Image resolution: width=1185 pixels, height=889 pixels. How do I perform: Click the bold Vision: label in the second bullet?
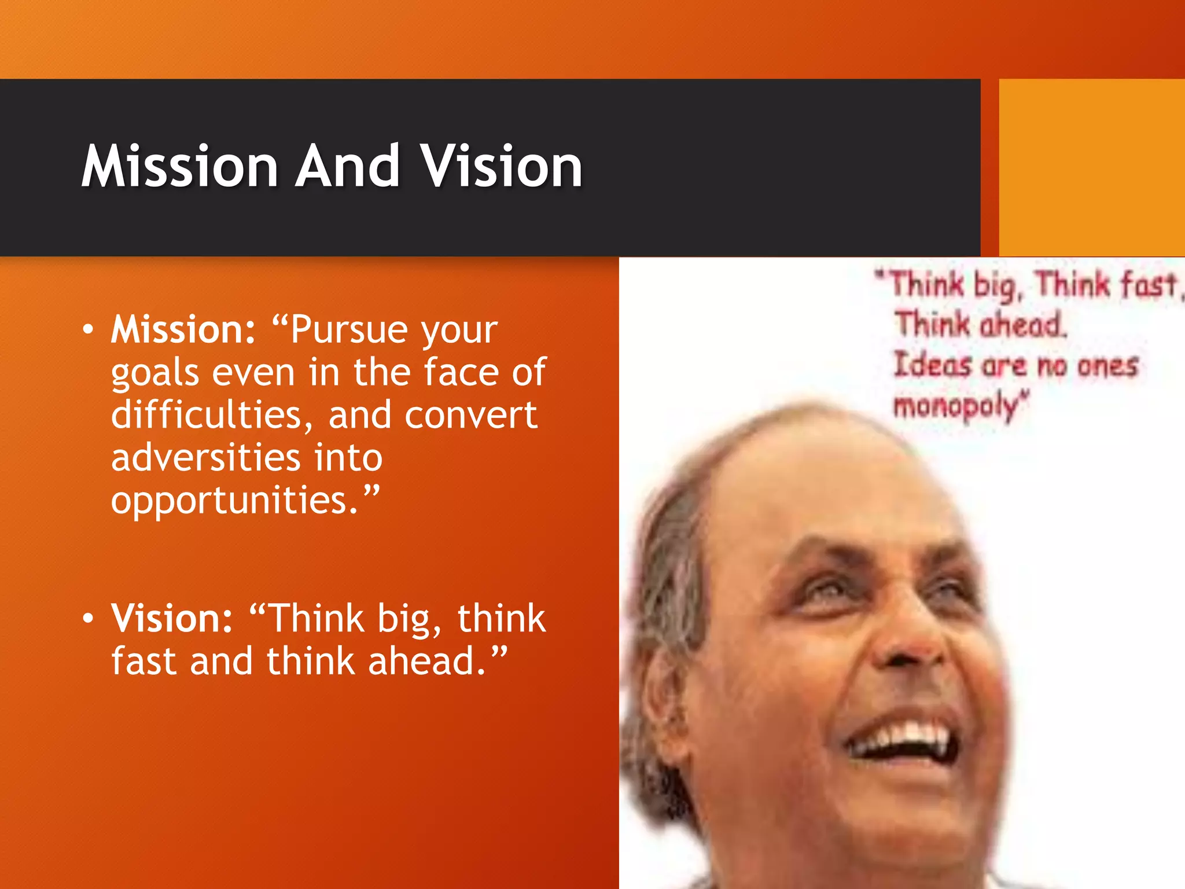tap(172, 618)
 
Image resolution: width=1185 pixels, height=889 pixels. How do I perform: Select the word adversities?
tap(205, 457)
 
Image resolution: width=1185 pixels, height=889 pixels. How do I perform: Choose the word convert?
tap(471, 414)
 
